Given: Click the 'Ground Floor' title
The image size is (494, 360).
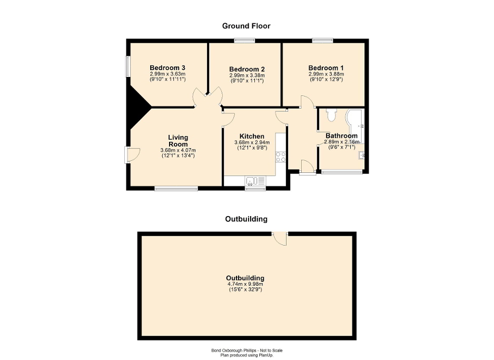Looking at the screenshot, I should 246,25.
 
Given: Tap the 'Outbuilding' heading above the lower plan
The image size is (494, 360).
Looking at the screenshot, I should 246,219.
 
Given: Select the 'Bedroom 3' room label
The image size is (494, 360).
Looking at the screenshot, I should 167,68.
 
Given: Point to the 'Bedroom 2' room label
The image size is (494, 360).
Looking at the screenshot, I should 246,69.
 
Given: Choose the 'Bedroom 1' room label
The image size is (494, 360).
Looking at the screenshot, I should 326,68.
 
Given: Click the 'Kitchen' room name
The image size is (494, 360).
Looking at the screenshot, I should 252,136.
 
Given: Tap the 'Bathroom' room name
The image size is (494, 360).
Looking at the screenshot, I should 341,135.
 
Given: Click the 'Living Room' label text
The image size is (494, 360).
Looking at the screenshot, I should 178,141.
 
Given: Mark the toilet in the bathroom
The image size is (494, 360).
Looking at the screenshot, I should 331,114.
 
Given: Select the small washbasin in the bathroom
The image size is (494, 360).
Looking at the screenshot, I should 362,155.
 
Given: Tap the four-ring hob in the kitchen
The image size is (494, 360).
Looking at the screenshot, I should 280,156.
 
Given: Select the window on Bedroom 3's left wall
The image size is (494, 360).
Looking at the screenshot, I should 127,67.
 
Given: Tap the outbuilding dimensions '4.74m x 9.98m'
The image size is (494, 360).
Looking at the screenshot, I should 245,284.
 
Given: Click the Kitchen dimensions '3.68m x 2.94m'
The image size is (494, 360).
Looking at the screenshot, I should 252,142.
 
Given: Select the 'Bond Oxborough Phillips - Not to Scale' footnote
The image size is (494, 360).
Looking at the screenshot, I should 246,351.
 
